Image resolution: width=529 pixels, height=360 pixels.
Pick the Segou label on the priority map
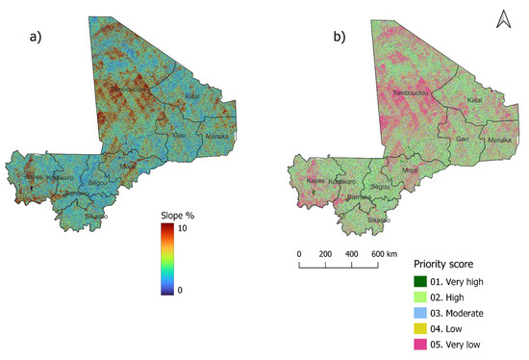[x=381, y=186]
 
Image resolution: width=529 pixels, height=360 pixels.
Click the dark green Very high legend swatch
[x=424, y=280]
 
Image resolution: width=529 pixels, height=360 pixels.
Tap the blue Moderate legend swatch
[x=424, y=312]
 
